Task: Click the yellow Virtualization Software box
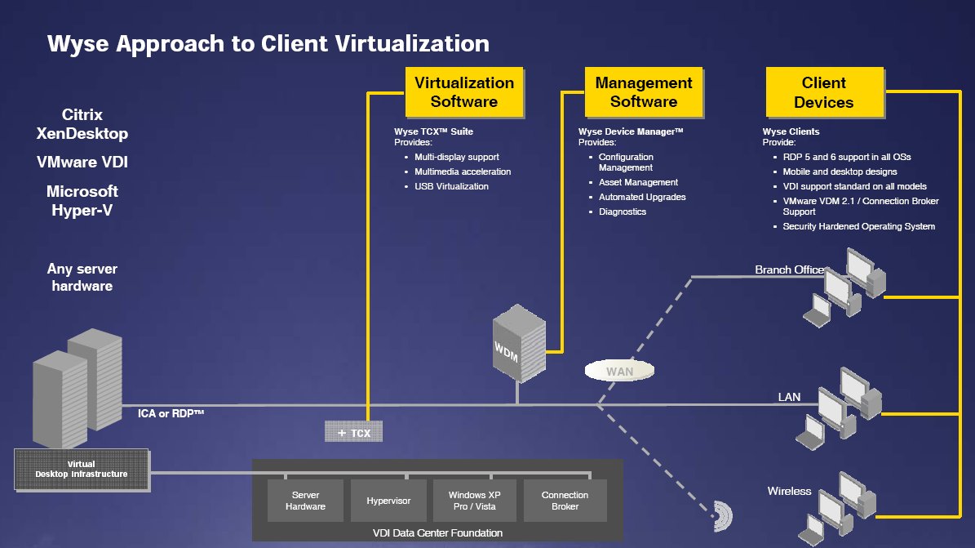click(x=463, y=92)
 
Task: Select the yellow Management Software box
click(x=643, y=92)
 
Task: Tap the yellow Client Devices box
click(x=823, y=92)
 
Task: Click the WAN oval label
click(x=619, y=371)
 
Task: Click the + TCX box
click(x=353, y=432)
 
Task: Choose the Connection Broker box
click(x=565, y=501)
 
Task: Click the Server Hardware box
click(x=305, y=501)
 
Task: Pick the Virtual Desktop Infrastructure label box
click(x=82, y=469)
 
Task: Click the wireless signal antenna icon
click(x=721, y=515)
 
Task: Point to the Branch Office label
click(x=789, y=270)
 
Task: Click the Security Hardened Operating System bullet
click(x=858, y=226)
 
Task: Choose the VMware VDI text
click(x=82, y=163)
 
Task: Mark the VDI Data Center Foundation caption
click(x=437, y=532)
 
